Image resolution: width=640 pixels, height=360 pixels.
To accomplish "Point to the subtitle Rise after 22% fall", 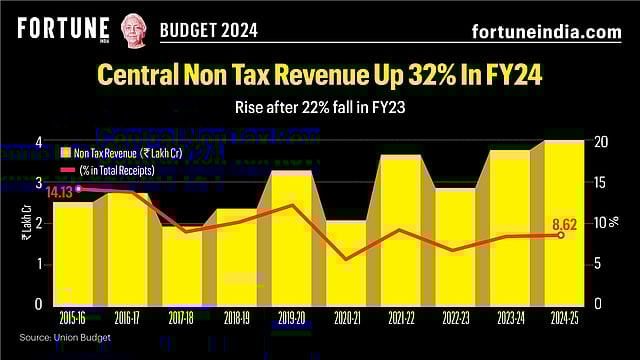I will [320, 105].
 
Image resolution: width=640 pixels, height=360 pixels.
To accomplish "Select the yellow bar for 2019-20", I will [292, 240].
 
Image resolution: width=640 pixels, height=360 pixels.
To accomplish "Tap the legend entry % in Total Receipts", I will [119, 170].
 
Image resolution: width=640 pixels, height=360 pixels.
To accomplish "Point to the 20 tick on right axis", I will [597, 142].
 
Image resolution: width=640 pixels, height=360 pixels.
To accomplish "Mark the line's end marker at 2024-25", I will [560, 235].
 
